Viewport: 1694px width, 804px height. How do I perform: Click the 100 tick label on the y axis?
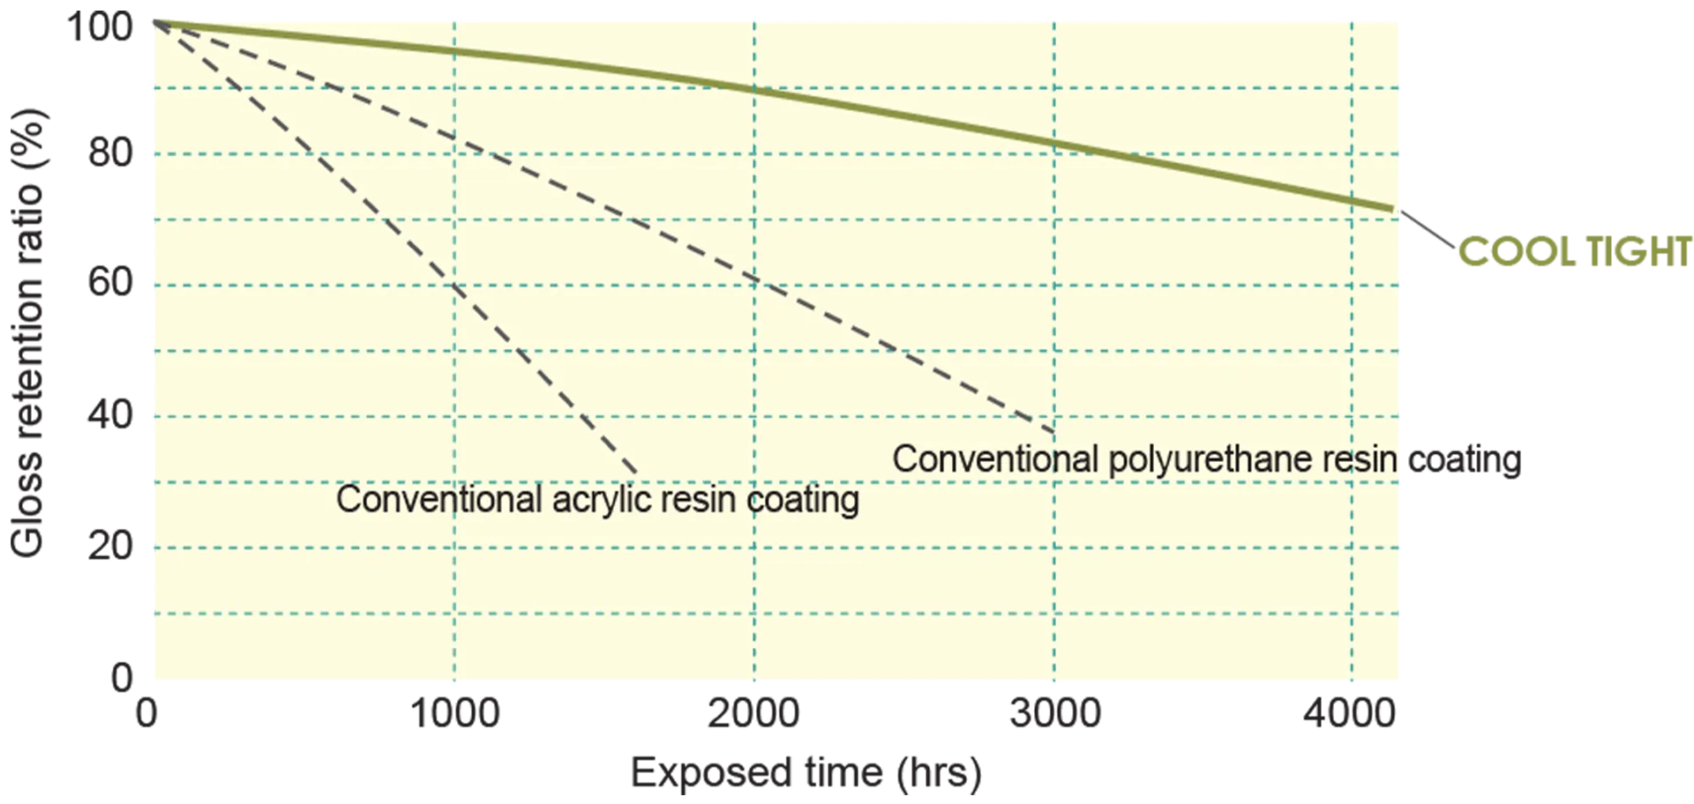(100, 26)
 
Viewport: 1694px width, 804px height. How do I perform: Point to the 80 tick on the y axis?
(110, 153)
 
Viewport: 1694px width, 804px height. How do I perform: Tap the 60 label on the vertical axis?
(110, 282)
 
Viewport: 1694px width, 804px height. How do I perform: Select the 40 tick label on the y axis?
(110, 414)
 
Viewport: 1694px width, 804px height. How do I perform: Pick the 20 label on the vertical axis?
(110, 547)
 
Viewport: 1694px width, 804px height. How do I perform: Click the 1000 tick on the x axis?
(455, 712)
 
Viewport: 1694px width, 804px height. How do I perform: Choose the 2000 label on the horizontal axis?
(753, 712)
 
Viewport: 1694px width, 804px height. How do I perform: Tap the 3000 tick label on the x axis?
(1055, 712)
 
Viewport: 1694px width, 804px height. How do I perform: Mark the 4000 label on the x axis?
(1350, 712)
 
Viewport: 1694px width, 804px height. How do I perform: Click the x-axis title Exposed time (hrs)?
(806, 773)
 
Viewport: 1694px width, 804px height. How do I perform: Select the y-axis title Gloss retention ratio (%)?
(26, 333)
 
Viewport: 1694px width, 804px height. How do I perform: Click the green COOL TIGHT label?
(1575, 252)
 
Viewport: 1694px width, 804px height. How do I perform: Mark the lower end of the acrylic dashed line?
(636, 473)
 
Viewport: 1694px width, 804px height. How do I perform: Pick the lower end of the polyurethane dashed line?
(1053, 432)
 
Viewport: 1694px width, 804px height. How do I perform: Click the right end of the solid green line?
(1392, 209)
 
